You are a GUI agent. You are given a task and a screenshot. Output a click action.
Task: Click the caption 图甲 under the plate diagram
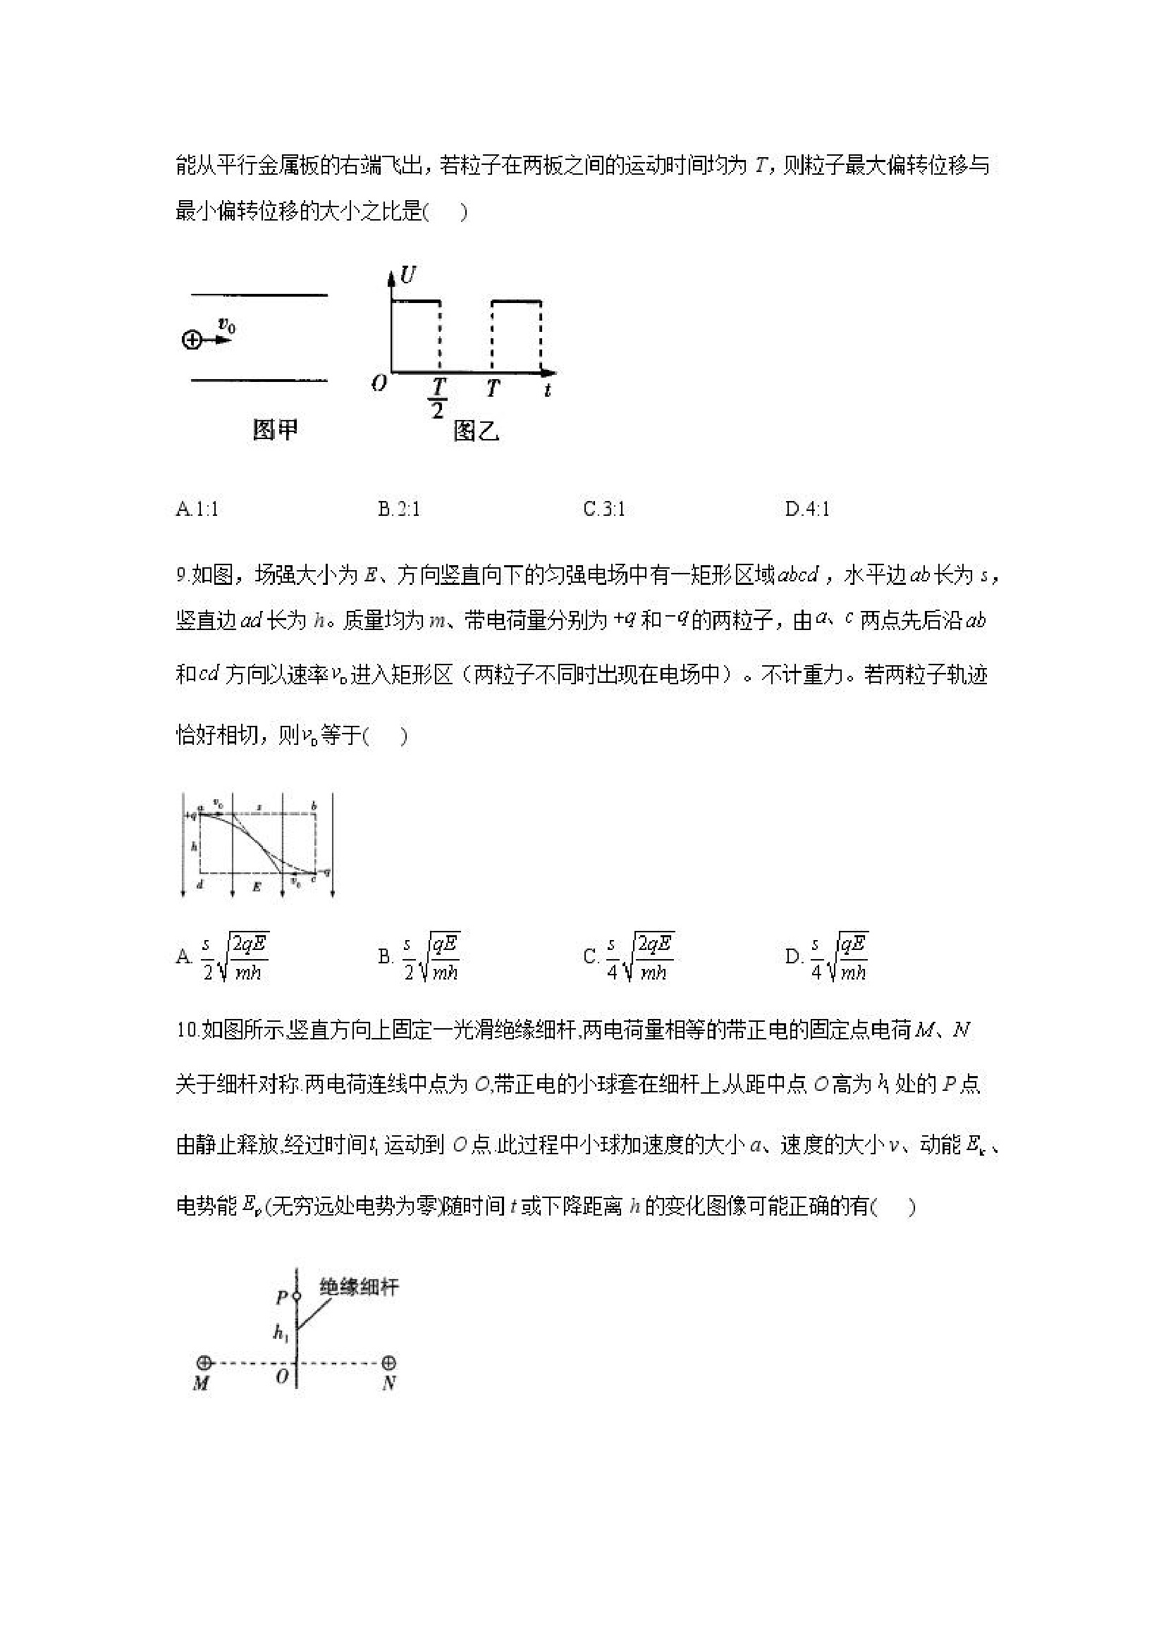tap(274, 429)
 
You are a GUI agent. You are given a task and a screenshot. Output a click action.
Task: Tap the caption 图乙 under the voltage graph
tap(477, 431)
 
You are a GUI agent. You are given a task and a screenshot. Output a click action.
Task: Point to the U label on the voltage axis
tap(408, 275)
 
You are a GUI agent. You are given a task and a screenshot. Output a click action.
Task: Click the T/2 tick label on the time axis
tap(437, 398)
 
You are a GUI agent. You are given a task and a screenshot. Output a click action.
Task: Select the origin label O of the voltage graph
tap(379, 384)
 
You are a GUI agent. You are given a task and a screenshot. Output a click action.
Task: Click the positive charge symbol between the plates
tap(191, 340)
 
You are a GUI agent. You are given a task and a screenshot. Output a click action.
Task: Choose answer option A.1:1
tap(197, 509)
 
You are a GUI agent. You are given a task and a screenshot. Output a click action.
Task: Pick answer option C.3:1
tap(604, 509)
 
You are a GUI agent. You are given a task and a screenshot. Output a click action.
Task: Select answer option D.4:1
tap(807, 509)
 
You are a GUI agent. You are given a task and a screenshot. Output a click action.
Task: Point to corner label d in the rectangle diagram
tap(200, 885)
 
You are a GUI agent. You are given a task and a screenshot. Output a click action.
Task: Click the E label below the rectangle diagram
tap(257, 887)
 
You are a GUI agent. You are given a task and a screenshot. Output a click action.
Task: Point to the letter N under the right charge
tap(388, 1383)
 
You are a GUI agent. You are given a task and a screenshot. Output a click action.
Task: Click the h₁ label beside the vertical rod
tap(280, 1333)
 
